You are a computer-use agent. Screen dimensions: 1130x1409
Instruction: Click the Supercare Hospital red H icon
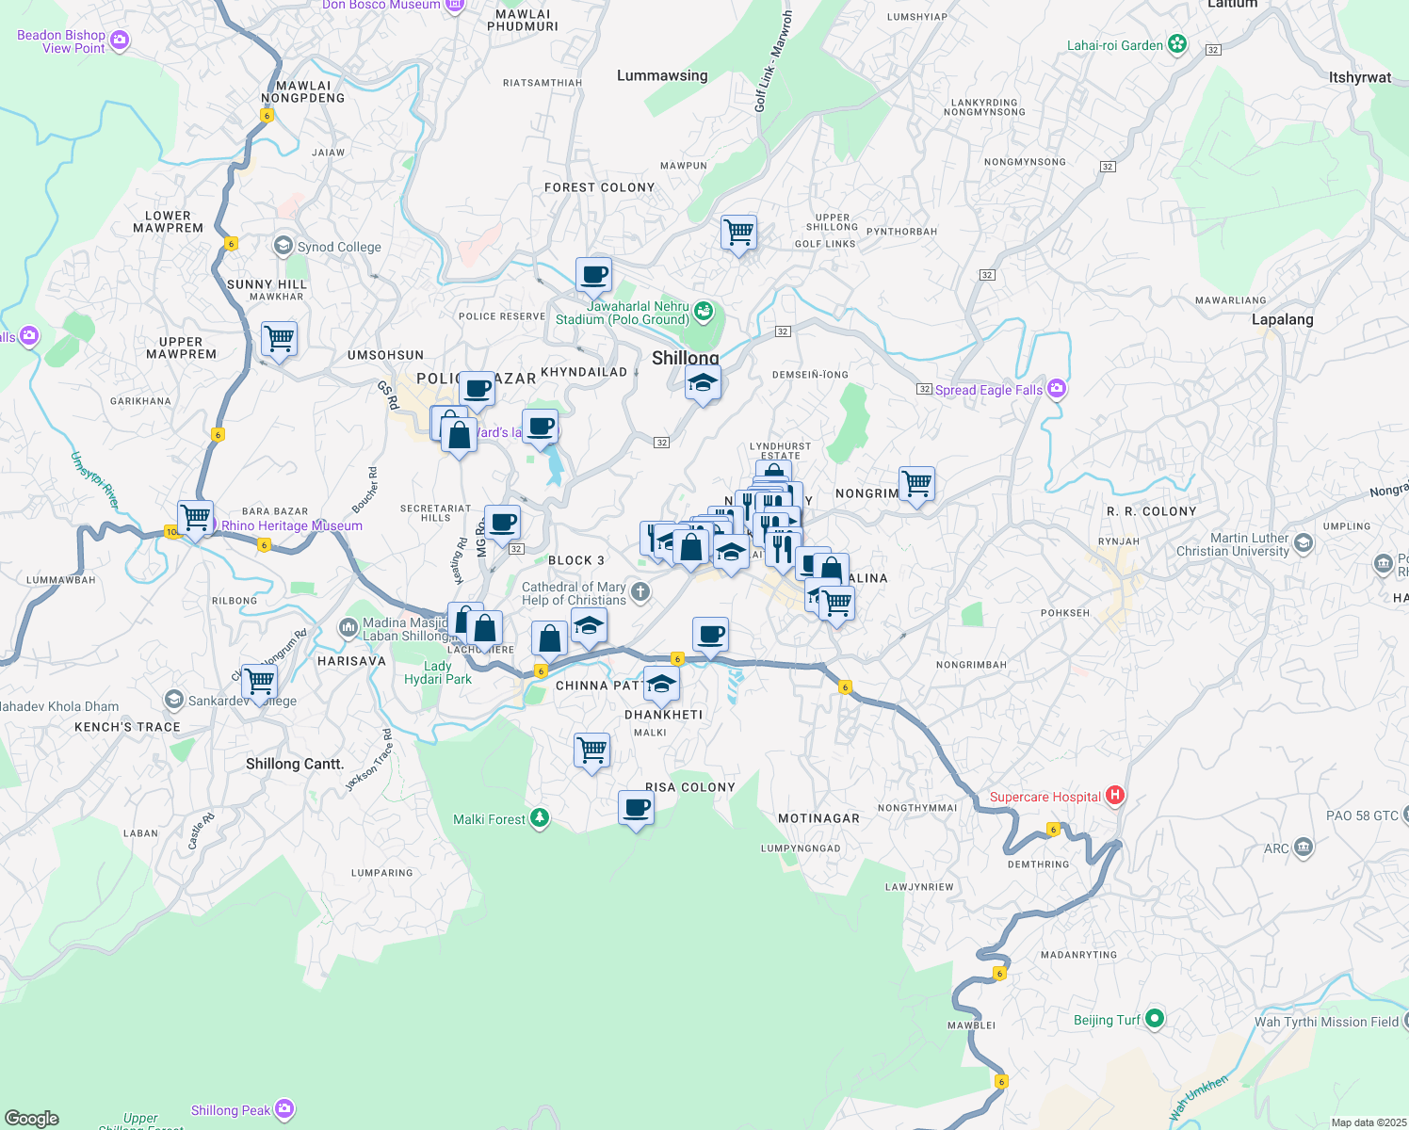pos(1115,796)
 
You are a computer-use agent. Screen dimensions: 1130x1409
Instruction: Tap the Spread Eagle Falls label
pos(988,390)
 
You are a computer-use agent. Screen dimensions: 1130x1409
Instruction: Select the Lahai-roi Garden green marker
pos(1176,44)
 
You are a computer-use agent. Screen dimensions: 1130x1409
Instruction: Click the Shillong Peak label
pos(231,1110)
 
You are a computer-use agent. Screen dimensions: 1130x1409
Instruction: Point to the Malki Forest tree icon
pos(539,818)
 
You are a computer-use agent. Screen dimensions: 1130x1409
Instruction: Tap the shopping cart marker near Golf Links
pos(739,231)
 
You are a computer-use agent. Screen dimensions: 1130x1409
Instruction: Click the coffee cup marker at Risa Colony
pos(636,808)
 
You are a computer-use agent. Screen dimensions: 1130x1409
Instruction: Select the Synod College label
pos(339,247)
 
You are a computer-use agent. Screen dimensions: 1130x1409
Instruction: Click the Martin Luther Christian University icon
pos(1304,543)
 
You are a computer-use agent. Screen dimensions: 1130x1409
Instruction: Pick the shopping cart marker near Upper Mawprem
pos(279,338)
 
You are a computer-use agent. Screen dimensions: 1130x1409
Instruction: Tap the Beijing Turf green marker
pos(1155,1018)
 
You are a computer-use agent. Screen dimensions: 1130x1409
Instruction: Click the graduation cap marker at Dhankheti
pos(661,684)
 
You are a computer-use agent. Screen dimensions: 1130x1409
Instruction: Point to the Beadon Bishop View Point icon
pos(120,40)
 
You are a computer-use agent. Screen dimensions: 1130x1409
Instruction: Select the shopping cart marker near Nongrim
pos(916,483)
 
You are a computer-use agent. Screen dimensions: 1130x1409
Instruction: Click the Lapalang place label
pos(1282,319)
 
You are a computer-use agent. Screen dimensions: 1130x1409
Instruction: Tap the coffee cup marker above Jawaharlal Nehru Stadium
pos(593,275)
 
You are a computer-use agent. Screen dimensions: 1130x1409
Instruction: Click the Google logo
pos(32,1118)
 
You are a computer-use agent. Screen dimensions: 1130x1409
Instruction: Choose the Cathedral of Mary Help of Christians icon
pos(640,591)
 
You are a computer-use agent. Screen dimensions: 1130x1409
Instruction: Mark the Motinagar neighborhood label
pos(818,818)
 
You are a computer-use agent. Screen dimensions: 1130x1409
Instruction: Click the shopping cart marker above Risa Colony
pos(591,751)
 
